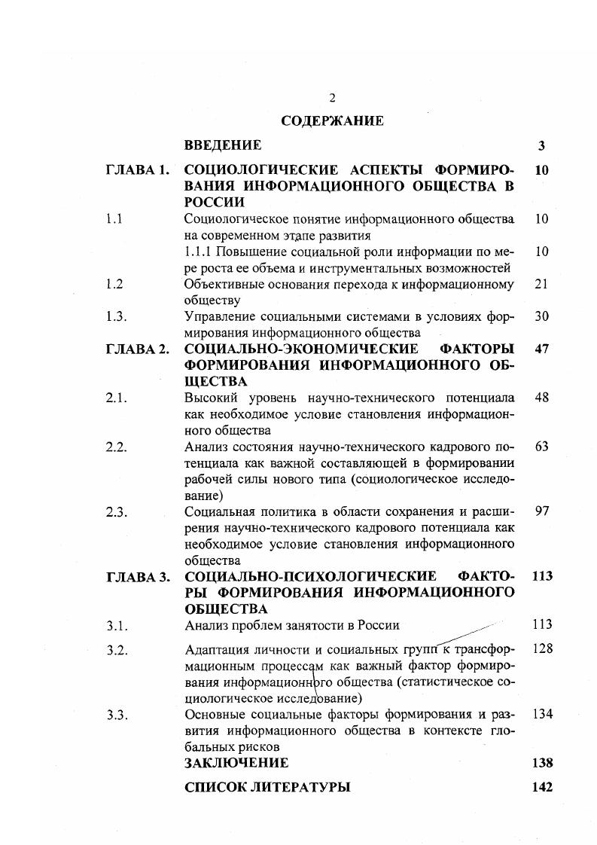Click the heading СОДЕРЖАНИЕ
click(332, 120)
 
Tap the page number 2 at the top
click(332, 98)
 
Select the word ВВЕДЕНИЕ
click(223, 145)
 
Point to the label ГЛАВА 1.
click(137, 170)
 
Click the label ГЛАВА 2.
click(137, 349)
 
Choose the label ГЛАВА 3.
click(137, 577)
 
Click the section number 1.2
click(115, 284)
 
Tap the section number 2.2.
click(117, 447)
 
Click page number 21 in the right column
click(541, 284)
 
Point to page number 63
click(541, 447)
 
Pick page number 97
click(541, 511)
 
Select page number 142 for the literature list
click(542, 788)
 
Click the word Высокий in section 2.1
click(209, 398)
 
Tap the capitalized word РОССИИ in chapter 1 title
click(215, 202)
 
